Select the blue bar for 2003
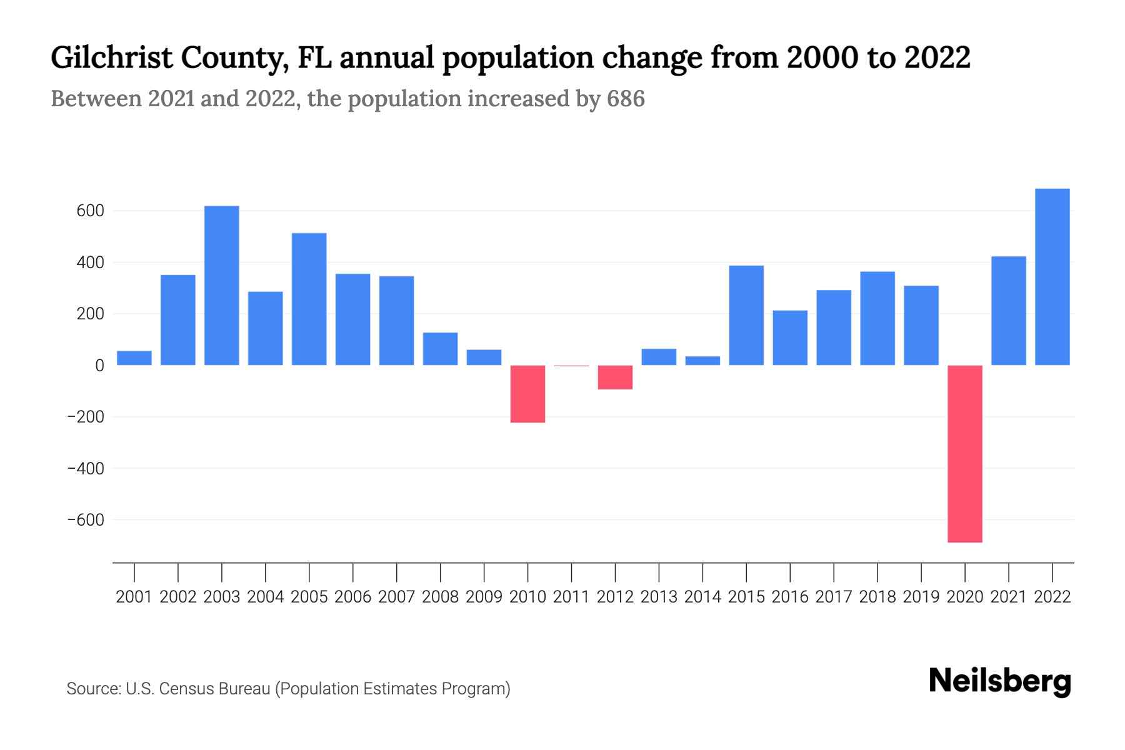[x=221, y=286]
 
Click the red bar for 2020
[x=964, y=453]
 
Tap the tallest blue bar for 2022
[x=1052, y=277]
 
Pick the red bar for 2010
[x=527, y=394]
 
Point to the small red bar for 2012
[x=615, y=377]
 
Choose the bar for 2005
[x=309, y=299]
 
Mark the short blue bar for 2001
[x=134, y=358]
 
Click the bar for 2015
[x=746, y=316]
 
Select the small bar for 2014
[x=702, y=361]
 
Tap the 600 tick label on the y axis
[x=90, y=211]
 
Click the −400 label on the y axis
[x=85, y=469]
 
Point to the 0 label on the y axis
[x=99, y=366]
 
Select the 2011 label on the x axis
[x=571, y=597]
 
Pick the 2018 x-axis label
[x=877, y=597]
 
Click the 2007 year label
[x=396, y=597]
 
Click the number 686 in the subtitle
[x=625, y=99]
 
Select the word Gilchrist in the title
[x=111, y=57]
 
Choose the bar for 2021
[x=1008, y=311]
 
